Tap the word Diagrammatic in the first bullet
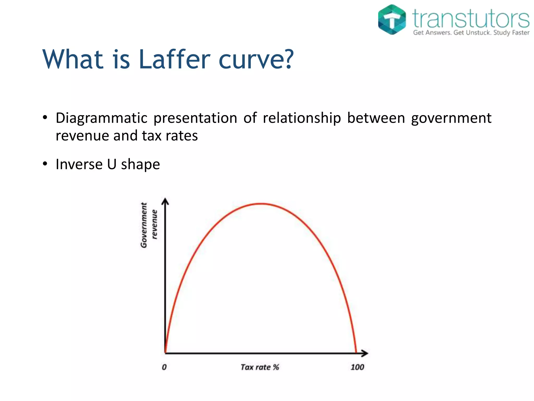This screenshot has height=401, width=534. point(101,118)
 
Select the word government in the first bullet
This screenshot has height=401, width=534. point(451,118)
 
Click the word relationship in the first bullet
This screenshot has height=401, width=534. point(302,118)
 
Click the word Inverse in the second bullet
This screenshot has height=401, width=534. point(79,164)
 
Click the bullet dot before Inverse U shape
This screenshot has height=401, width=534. point(45,164)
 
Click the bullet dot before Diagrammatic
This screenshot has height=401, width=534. point(45,117)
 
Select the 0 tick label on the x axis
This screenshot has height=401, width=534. point(164,367)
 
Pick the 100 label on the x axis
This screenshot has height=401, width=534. point(357,367)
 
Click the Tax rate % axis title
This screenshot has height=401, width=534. point(259,367)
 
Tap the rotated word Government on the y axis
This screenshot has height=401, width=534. point(144,225)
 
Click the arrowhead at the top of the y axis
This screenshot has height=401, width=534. point(165,201)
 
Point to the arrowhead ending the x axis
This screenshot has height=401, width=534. point(365,353)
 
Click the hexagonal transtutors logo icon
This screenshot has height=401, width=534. point(392,20)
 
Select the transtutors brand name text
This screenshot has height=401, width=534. point(471,18)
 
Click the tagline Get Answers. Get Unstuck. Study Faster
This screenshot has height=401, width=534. point(471,33)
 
